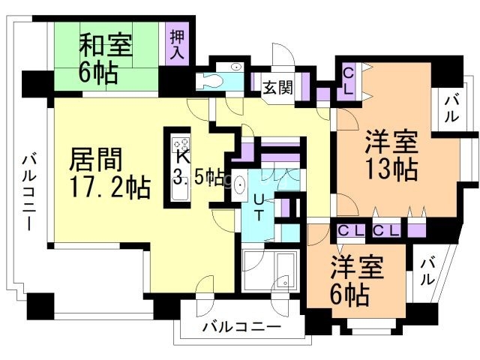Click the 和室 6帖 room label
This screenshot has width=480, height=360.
[x=106, y=58]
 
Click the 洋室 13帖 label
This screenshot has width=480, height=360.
[x=391, y=155]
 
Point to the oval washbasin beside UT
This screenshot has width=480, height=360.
[x=240, y=184]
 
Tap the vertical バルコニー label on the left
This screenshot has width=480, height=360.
[x=28, y=191]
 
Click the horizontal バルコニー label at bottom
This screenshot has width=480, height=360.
[x=241, y=328]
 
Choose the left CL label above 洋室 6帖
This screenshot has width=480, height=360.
[x=350, y=229]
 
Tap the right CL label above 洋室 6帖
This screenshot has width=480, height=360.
[x=386, y=229]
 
